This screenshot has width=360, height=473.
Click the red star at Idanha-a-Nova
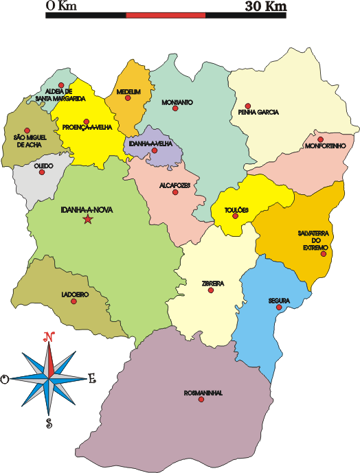click(87, 220)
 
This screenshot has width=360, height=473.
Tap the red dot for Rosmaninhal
click(201, 399)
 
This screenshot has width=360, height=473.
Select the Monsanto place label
click(177, 102)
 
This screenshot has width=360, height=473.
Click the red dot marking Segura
click(278, 308)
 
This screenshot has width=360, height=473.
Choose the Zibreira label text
click(213, 283)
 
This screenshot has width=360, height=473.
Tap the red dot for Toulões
click(236, 216)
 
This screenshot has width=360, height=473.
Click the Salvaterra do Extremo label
click(315, 240)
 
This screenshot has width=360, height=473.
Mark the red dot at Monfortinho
click(320, 139)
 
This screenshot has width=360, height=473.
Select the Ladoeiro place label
click(74, 294)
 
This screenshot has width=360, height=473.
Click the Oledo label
click(44, 165)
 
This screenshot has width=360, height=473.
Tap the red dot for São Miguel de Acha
click(27, 130)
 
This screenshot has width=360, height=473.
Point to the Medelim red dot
click(127, 97)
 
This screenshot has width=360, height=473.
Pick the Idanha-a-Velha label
click(150, 144)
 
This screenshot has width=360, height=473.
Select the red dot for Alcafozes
click(175, 192)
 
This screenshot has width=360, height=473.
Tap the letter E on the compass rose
click(92, 378)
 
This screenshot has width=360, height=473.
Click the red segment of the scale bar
click(166, 14)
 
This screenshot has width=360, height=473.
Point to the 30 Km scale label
click(265, 6)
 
